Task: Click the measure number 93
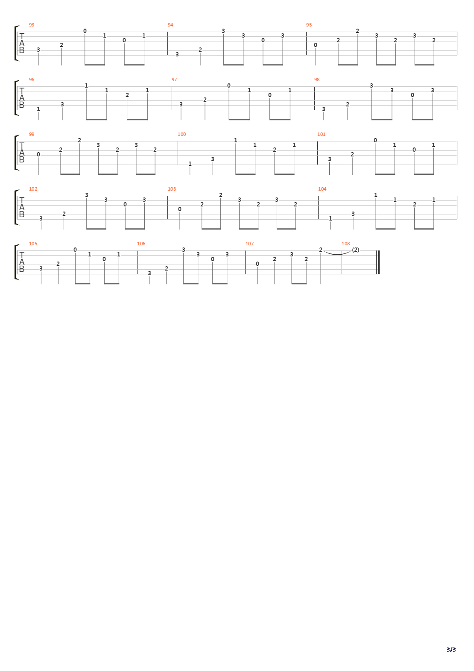[32, 25]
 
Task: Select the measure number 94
[170, 25]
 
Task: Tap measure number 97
[174, 79]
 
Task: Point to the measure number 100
[181, 135]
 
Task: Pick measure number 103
[172, 189]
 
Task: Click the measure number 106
[141, 244]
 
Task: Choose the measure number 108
[345, 244]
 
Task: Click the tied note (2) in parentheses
[355, 250]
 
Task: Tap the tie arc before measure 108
[337, 254]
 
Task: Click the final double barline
[378, 262]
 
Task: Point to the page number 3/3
[451, 650]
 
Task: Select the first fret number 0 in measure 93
[85, 31]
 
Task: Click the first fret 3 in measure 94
[177, 55]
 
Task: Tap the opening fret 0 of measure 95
[316, 45]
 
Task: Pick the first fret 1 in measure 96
[38, 109]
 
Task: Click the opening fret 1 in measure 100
[190, 164]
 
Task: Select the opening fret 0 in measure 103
[179, 209]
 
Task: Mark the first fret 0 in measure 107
[257, 264]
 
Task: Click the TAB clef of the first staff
[21, 44]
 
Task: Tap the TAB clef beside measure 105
[21, 262]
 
